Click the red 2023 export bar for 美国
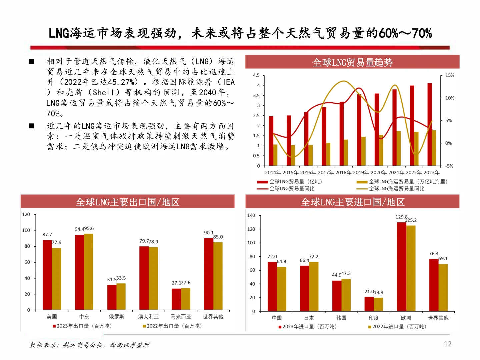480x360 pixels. tap(47, 275)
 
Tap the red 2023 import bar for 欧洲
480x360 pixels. tap(401, 267)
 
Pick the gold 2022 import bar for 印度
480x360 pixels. tap(378, 304)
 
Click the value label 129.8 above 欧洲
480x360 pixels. tap(401, 217)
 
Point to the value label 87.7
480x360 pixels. tap(47, 235)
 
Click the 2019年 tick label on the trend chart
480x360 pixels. tap(361, 173)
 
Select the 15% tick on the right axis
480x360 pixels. tap(450, 75)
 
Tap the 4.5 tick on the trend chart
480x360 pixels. tap(256, 75)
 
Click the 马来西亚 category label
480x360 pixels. tap(181, 317)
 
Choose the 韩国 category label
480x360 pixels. tap(341, 318)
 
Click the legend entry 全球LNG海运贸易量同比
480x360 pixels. tap(396, 189)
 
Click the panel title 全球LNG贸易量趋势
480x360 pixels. tap(352, 62)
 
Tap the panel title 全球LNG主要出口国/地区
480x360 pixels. tap(127, 202)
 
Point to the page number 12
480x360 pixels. tap(448, 344)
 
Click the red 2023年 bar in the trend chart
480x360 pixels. tap(430, 124)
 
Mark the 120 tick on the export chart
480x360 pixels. tap(26, 214)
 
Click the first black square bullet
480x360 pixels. tap(32, 61)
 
